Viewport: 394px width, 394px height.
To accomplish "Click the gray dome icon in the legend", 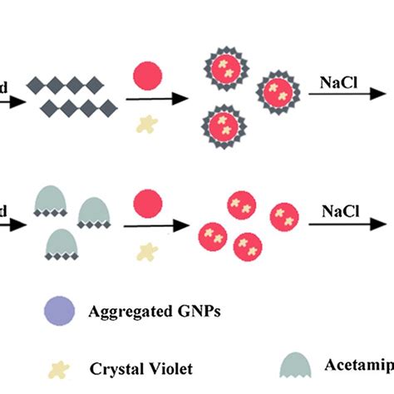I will coord(297,363).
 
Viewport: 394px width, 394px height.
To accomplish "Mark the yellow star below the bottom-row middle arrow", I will coord(147,249).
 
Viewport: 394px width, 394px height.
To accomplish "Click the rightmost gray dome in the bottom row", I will coord(94,214).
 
